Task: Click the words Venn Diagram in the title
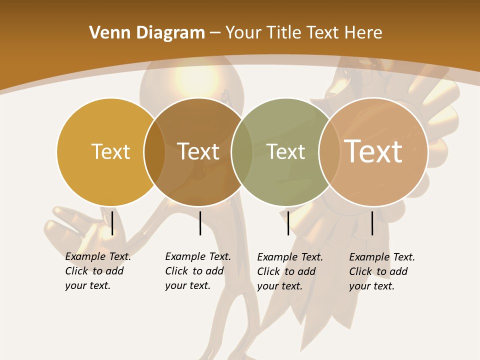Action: [146, 33]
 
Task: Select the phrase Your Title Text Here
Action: [303, 33]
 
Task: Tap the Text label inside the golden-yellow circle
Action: [110, 151]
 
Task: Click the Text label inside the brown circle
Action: [198, 151]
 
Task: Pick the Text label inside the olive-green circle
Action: [285, 151]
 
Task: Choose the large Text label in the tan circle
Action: [373, 151]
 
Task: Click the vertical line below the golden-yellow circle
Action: [112, 223]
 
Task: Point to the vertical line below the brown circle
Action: [200, 223]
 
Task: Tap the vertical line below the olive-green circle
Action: [288, 223]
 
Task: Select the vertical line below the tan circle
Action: [372, 223]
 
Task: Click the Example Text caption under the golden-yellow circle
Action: [97, 271]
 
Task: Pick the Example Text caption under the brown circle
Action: [197, 271]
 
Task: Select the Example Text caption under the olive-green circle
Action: [289, 271]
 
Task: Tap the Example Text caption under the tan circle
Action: [381, 271]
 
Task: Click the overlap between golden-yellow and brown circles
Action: [154, 151]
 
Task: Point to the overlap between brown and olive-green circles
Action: [242, 151]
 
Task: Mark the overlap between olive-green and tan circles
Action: [329, 151]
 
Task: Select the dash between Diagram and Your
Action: [215, 33]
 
